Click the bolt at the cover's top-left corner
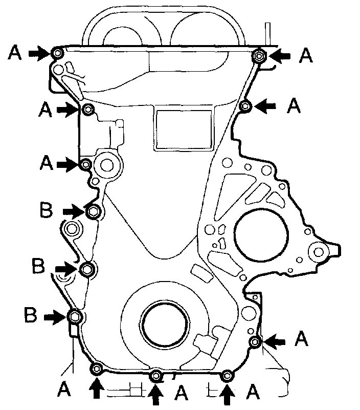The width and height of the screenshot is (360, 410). tap(57, 53)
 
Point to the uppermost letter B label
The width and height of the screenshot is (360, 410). tap(46, 210)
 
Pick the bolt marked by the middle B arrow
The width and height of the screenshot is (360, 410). tap(87, 269)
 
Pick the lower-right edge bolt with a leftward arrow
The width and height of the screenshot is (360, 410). tap(254, 341)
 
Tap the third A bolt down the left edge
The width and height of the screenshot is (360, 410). tap(86, 164)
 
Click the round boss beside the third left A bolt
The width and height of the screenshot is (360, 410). tap(107, 165)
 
